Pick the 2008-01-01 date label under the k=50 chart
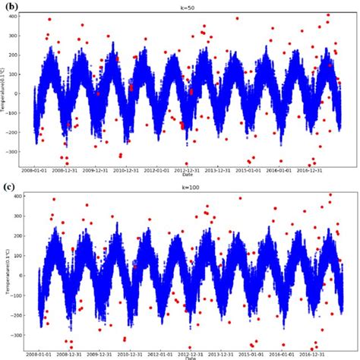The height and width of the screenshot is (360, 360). pyautogui.click(x=36, y=172)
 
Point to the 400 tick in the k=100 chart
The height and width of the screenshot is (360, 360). pyautogui.click(x=17, y=195)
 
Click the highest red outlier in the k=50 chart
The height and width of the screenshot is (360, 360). pyautogui.click(x=328, y=15)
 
